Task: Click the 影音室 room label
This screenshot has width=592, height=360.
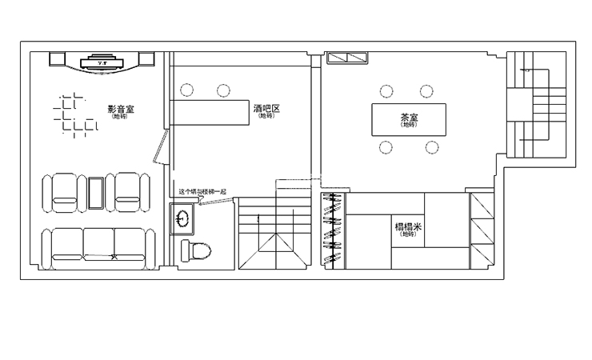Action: (x=121, y=109)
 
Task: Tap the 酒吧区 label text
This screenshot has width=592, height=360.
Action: (x=266, y=109)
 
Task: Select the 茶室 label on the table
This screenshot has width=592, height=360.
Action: (x=409, y=118)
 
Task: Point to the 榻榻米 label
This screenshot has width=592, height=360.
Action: (x=408, y=227)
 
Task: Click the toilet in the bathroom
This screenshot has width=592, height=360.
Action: (x=196, y=251)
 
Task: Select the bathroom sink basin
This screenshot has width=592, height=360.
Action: (x=182, y=217)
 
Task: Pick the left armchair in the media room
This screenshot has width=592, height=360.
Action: (x=66, y=193)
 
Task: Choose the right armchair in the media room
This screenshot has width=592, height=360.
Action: (x=130, y=193)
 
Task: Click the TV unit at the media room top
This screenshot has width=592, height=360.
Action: (x=101, y=62)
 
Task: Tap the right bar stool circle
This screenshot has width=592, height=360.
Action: (x=223, y=90)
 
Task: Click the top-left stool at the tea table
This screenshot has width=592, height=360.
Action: (x=387, y=91)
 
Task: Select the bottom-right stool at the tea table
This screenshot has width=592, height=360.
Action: (x=432, y=147)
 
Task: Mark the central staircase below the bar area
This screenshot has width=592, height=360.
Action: (x=273, y=237)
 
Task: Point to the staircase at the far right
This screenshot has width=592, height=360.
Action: (x=541, y=108)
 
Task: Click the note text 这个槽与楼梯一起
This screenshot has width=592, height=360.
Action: (x=203, y=192)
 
